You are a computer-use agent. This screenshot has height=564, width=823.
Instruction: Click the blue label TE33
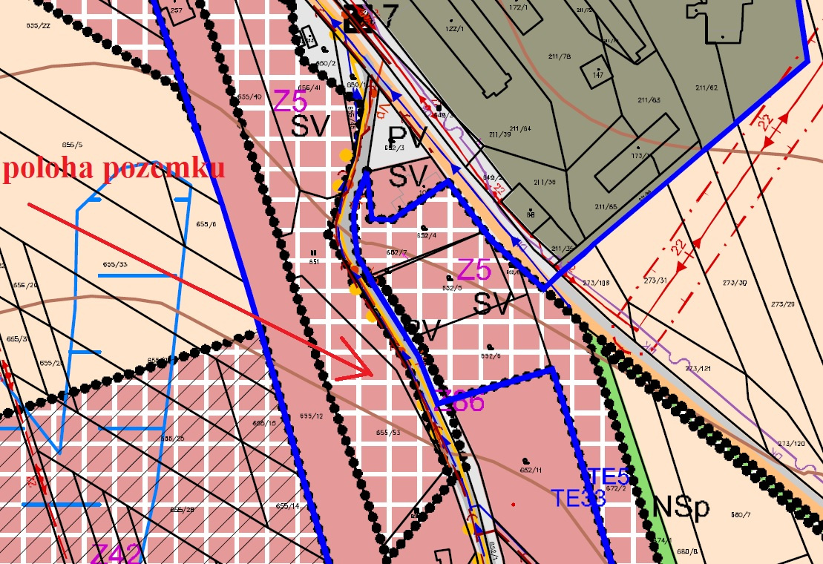(x=578, y=498)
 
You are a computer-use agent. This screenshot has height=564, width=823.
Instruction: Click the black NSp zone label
(x=681, y=509)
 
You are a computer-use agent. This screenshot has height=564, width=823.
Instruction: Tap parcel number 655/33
(x=114, y=264)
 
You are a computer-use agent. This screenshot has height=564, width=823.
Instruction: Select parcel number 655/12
(x=313, y=416)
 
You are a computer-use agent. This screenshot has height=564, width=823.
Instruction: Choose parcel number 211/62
(x=708, y=88)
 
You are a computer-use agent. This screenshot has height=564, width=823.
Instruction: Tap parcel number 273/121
(x=698, y=369)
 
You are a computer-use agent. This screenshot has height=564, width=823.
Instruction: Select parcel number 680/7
(x=741, y=515)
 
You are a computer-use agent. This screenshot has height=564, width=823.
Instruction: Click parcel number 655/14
(x=287, y=506)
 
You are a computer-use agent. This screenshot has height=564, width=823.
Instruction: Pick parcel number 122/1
(x=455, y=27)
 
